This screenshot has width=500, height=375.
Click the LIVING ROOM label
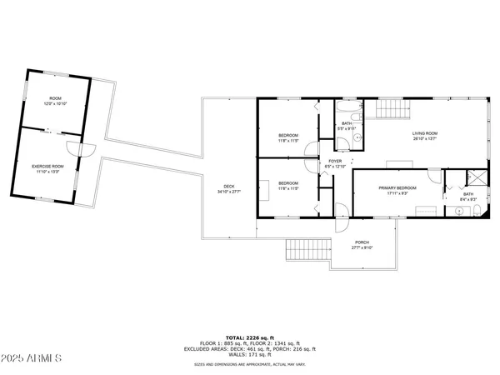click(x=425, y=133)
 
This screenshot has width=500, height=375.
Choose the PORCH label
click(x=362, y=242)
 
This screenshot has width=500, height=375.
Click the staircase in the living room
click(x=391, y=109)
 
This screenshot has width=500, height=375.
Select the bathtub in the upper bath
click(x=348, y=109)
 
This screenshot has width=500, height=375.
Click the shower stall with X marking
click(x=475, y=177)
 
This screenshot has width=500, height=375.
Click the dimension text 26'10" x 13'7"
click(x=425, y=139)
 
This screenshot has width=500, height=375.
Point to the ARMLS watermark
click(x=32, y=358)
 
